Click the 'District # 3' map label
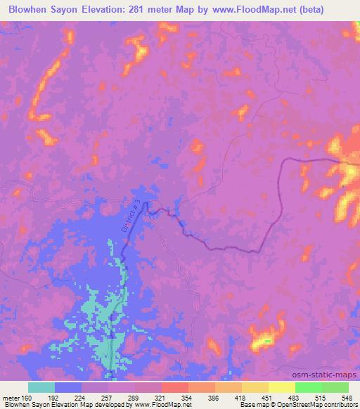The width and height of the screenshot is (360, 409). pos(134,214)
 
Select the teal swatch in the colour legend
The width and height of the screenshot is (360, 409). pos(41,387)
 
